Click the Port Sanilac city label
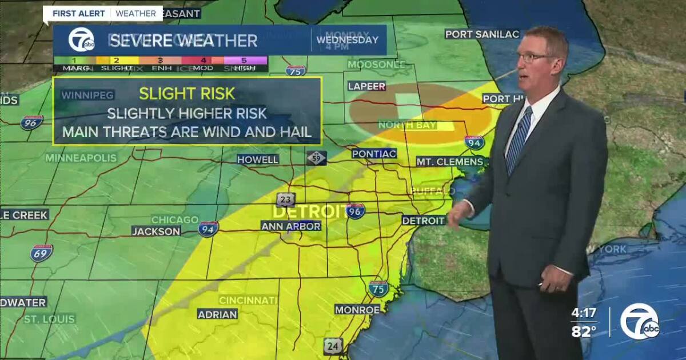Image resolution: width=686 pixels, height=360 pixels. [482, 34]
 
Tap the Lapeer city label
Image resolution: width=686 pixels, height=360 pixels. [367, 86]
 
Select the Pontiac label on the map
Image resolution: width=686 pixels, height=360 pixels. [374, 154]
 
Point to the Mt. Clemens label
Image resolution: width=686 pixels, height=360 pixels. [449, 162]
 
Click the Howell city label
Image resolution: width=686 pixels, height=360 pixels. [258, 159]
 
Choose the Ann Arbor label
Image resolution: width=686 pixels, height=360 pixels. [291, 226]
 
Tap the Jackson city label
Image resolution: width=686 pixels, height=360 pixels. [156, 231]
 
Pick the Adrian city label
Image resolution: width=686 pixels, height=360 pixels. [217, 314]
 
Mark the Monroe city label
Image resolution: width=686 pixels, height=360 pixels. [357, 310]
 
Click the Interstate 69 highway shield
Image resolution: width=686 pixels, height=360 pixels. [42, 253]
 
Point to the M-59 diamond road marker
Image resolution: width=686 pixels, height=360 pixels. [316, 158]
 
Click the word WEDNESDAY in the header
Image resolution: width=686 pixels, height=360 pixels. [347, 40]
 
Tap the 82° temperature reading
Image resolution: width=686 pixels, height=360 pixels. [584, 332]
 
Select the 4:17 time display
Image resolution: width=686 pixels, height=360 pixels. [584, 314]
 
